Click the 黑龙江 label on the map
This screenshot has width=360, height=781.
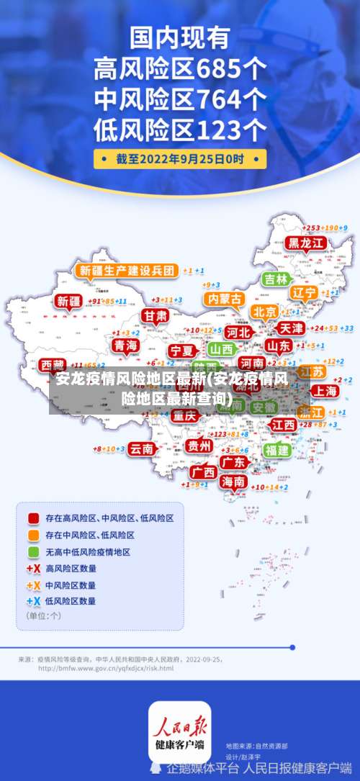pos(307,243)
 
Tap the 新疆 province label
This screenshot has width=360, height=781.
pos(69,301)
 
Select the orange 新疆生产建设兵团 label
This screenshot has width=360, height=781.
pos(127,271)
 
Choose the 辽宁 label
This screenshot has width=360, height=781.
pos(304,293)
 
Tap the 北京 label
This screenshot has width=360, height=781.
pos(264,312)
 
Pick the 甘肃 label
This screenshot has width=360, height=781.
pos(154,316)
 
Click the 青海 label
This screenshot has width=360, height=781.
pos(125,346)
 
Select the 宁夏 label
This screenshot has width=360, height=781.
pos(181,351)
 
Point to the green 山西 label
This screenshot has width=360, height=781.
pos(221,349)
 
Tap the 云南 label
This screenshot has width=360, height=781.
pos(141,448)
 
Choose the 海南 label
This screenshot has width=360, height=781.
pos(233,481)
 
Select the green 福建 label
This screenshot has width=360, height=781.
pos(276,450)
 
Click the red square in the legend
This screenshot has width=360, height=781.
pos(33,518)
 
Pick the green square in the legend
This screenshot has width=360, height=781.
pos(33,552)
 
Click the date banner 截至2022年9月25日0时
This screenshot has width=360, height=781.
pos(180,158)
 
